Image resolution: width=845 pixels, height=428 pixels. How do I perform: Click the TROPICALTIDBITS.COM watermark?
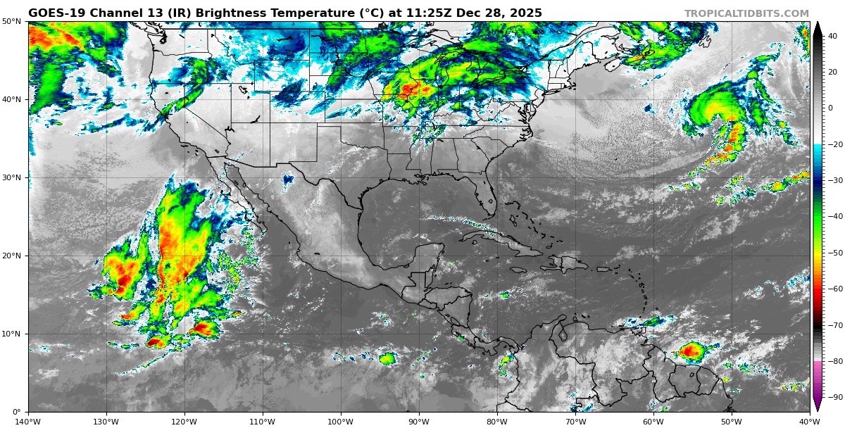tap(746, 13)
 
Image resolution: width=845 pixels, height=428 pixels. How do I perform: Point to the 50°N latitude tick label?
tap(11, 21)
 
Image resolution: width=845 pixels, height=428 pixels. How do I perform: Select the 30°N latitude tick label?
tap(11, 177)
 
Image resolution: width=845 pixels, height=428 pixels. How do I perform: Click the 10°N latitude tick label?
tap(11, 334)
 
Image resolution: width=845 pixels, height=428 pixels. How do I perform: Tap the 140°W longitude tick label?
tap(28, 422)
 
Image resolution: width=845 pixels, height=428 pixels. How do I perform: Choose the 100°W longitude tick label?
tap(341, 422)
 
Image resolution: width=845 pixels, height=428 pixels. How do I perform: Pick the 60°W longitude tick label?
tap(653, 422)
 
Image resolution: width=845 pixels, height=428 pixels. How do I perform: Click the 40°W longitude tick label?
tap(810, 422)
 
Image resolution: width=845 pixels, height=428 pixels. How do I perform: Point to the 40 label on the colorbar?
tap(832, 35)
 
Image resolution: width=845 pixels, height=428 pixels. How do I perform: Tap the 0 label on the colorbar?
tap(830, 108)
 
